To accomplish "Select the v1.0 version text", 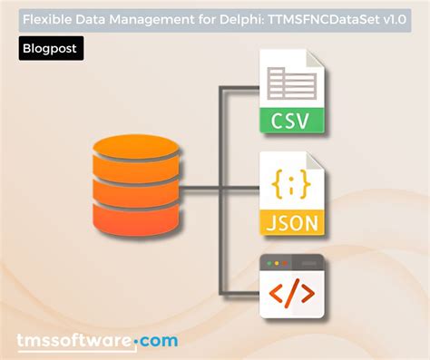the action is [393, 17].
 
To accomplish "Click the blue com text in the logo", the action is [159, 340].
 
